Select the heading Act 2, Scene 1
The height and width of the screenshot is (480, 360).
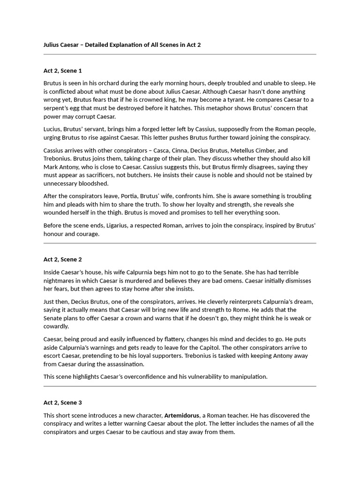coord(63,71)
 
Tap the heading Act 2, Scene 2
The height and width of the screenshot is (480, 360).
coord(63,259)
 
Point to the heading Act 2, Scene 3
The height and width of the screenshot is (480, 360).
coord(63,403)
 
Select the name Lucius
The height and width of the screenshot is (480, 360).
coord(53,129)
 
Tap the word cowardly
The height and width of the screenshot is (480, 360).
coord(56,327)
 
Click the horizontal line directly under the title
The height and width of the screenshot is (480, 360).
coord(180,55)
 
